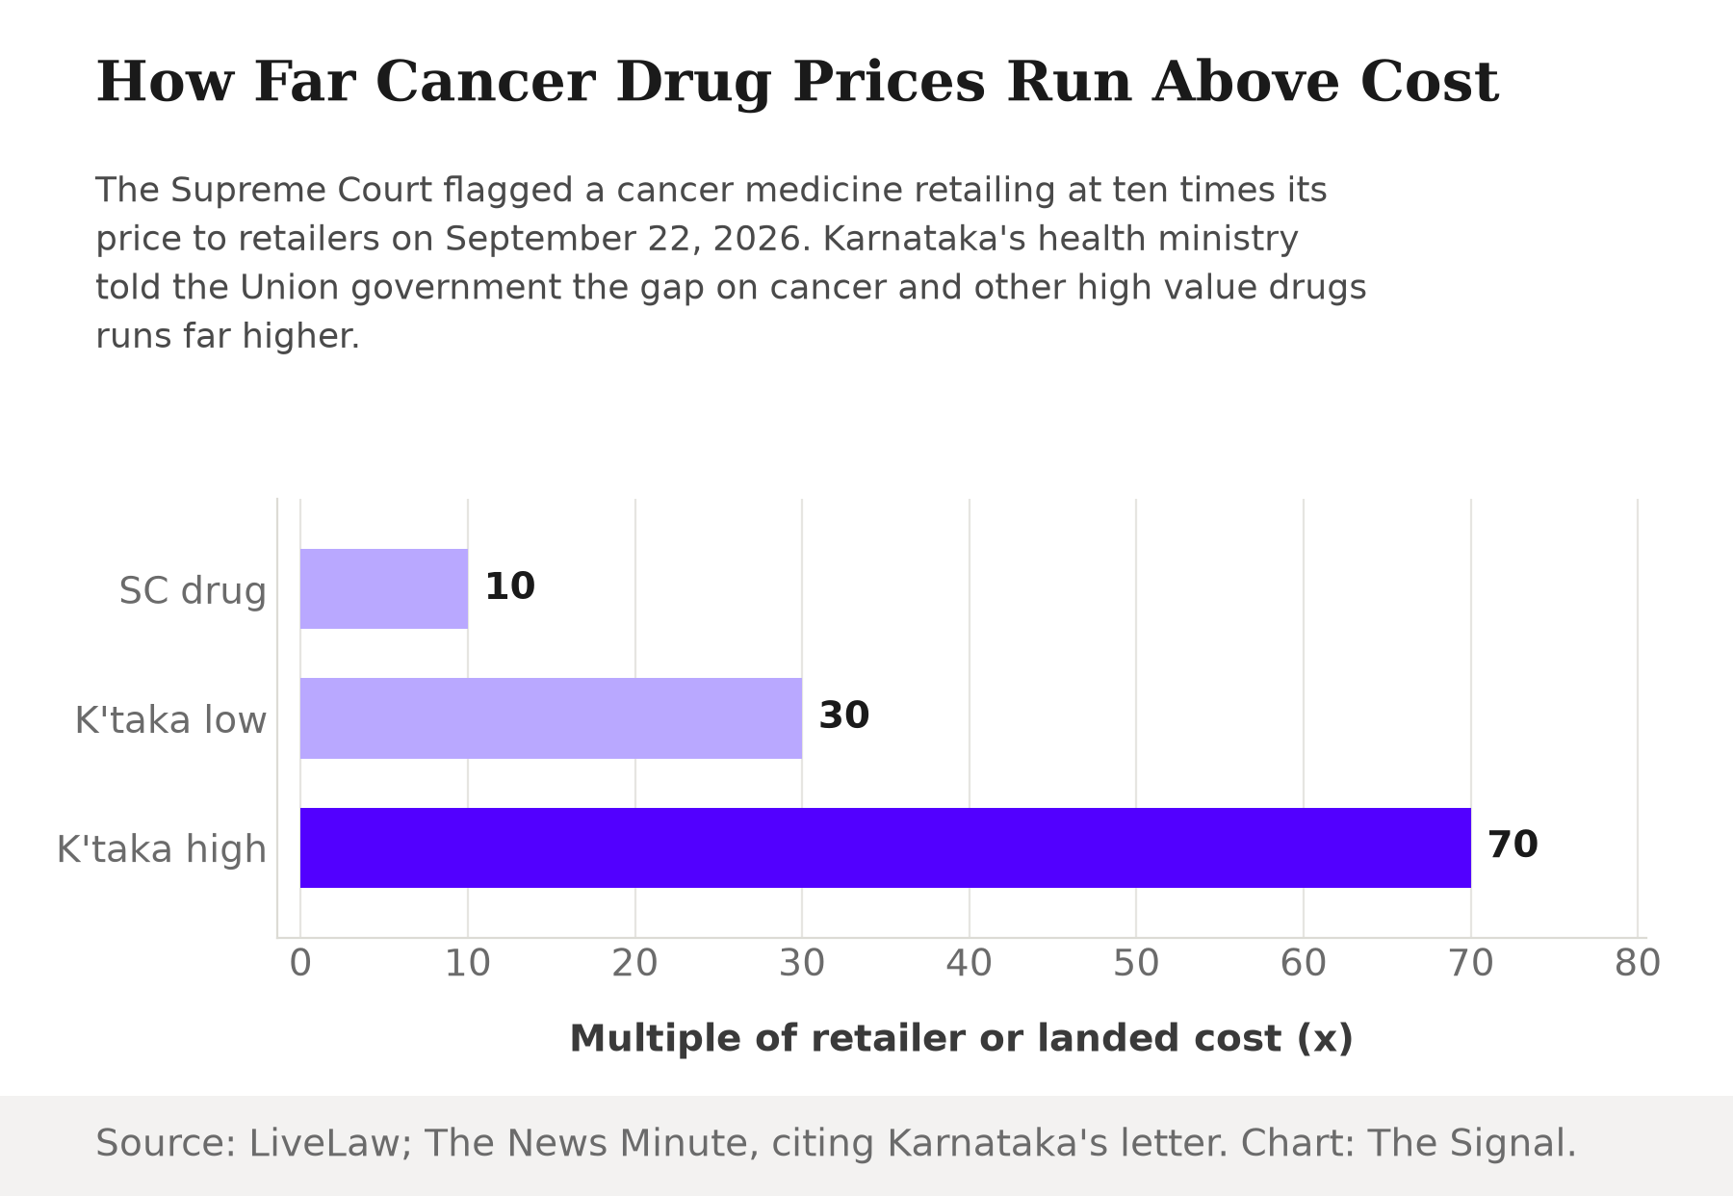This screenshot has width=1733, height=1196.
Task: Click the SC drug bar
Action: [x=384, y=588]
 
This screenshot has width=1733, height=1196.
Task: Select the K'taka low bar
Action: [x=551, y=718]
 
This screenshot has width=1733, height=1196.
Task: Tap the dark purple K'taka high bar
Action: [x=886, y=847]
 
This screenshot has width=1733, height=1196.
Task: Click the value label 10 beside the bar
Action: [x=509, y=586]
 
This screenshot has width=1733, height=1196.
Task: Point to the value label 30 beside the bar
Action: [x=843, y=715]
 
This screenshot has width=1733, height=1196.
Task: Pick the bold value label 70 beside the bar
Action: [x=1513, y=845]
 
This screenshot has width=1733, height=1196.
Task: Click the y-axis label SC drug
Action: [x=193, y=590]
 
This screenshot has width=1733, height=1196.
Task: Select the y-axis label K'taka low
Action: [x=170, y=719]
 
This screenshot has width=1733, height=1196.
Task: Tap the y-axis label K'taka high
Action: [x=162, y=849]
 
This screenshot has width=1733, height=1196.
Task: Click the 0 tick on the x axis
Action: [x=300, y=963]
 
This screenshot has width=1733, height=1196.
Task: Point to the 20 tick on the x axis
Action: [x=634, y=963]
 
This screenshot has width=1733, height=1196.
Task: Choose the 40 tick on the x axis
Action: [x=969, y=963]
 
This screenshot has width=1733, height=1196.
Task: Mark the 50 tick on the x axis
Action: [x=1136, y=963]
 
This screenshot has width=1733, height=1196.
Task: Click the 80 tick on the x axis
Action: [x=1638, y=963]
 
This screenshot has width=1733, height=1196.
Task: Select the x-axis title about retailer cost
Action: [x=962, y=1038]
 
